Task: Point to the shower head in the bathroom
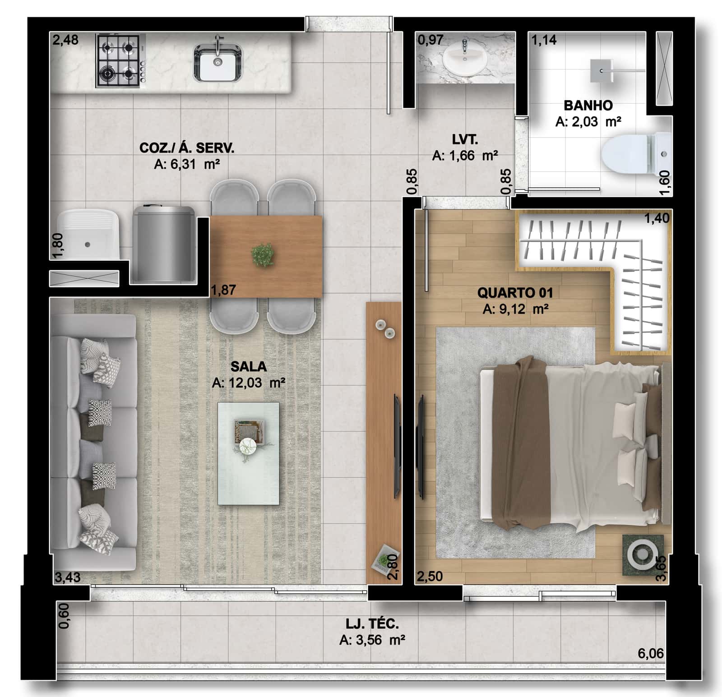click(601, 71)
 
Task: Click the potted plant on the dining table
click(263, 255)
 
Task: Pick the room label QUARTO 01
click(515, 293)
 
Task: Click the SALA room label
click(248, 366)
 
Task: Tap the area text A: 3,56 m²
click(372, 640)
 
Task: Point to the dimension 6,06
click(650, 653)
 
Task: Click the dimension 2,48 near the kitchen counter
click(65, 40)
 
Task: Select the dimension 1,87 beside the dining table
click(223, 290)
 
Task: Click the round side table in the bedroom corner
click(642, 554)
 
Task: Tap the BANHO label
click(588, 106)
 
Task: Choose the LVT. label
click(465, 139)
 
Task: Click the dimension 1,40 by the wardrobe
click(657, 218)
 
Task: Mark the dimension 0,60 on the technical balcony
click(64, 616)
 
